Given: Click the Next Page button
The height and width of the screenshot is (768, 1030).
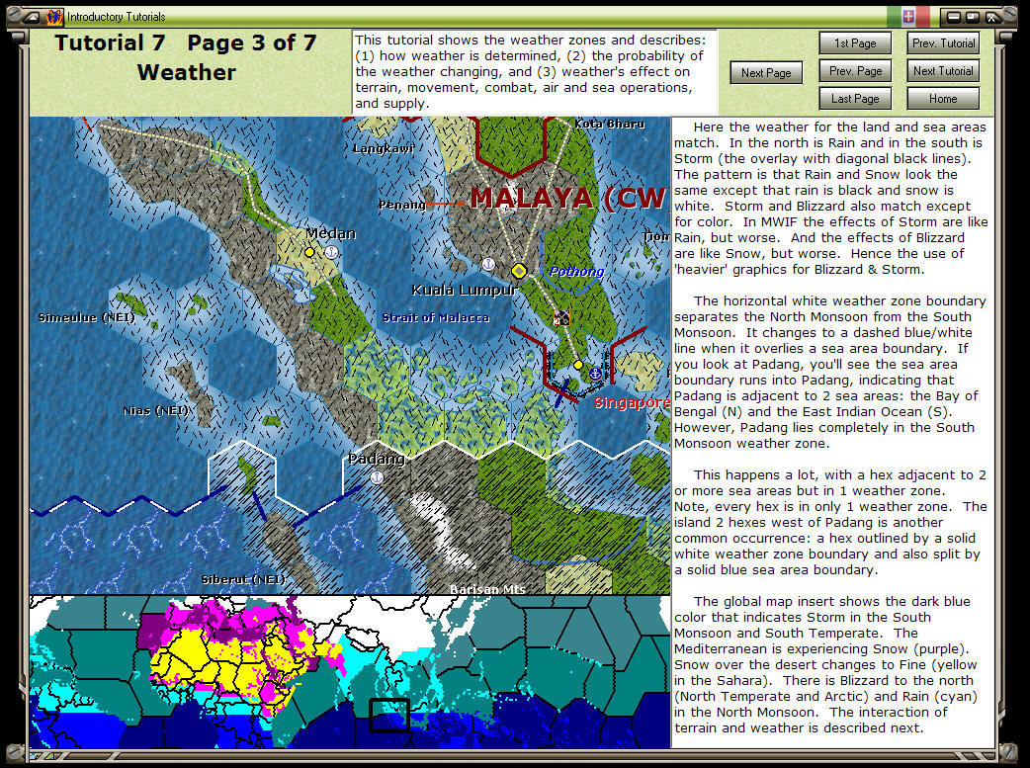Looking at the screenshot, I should pyautogui.click(x=766, y=72).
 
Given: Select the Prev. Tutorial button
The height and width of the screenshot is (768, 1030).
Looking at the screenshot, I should pyautogui.click(x=943, y=43).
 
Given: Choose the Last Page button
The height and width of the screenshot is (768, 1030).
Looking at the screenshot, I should pyautogui.click(x=855, y=99).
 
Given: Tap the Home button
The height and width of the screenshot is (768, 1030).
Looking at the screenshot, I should pyautogui.click(x=943, y=99).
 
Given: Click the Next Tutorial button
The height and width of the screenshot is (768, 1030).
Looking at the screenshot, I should pyautogui.click(x=943, y=71).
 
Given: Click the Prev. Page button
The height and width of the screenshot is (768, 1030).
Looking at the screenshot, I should pyautogui.click(x=855, y=71).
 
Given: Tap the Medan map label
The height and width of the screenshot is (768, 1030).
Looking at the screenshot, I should pyautogui.click(x=330, y=232).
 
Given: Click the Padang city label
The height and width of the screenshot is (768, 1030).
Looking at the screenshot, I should pyautogui.click(x=376, y=459).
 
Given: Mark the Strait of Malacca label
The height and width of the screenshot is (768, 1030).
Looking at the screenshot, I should pyautogui.click(x=436, y=317).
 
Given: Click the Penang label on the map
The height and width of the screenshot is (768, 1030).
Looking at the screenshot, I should pyautogui.click(x=401, y=205).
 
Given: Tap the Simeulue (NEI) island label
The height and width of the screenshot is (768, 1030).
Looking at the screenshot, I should pyautogui.click(x=86, y=317).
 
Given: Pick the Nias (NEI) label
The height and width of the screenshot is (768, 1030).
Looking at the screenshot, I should pyautogui.click(x=157, y=409).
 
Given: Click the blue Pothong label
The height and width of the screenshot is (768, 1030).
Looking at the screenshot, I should pyautogui.click(x=576, y=272).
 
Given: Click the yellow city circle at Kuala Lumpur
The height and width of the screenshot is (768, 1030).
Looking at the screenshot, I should pyautogui.click(x=519, y=270).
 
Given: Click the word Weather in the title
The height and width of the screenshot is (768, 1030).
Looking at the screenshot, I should pyautogui.click(x=186, y=72).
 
